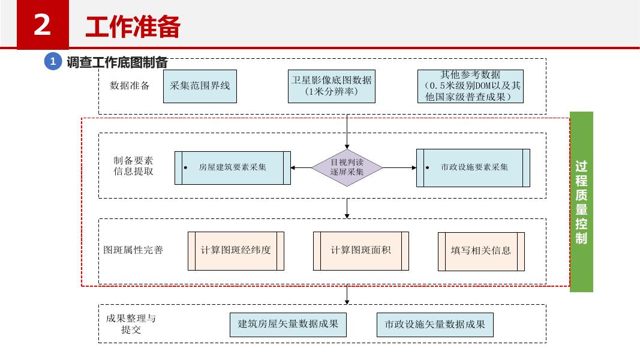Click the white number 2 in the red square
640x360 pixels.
tap(42, 26)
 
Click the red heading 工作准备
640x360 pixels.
tap(133, 27)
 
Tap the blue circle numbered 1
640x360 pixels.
tap(53, 61)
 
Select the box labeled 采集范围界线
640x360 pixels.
tap(200, 86)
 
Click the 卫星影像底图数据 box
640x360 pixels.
tap(331, 86)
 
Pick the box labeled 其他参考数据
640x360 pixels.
tap(470, 86)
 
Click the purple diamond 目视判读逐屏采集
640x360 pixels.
tap(347, 167)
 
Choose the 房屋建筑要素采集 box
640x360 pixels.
tap(233, 167)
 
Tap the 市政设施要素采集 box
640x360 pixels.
tap(473, 167)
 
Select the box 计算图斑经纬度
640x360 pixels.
tap(236, 250)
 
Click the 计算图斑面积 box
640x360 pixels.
tap(360, 250)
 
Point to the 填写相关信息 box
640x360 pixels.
tap(481, 251)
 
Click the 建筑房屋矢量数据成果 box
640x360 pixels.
tap(288, 325)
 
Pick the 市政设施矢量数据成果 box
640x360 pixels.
tap(435, 325)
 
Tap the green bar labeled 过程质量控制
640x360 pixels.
tap(581, 202)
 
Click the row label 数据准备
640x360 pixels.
tap(130, 85)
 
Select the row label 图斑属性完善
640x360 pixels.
tap(133, 250)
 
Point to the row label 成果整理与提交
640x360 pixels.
tap(131, 323)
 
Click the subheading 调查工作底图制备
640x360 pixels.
tap(117, 62)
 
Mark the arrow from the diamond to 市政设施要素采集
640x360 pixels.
tap(399, 168)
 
